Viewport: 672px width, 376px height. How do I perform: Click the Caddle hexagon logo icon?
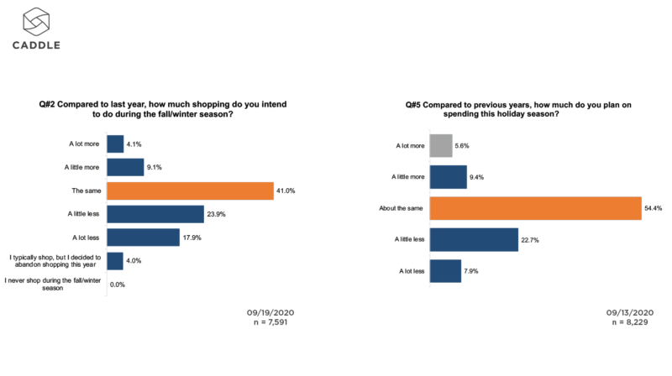point(35,20)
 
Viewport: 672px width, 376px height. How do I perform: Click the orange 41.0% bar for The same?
point(190,191)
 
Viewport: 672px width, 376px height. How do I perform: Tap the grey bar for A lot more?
point(442,145)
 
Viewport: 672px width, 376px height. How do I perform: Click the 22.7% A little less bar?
point(474,239)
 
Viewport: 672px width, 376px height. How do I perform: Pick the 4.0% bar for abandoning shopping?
point(115,261)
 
